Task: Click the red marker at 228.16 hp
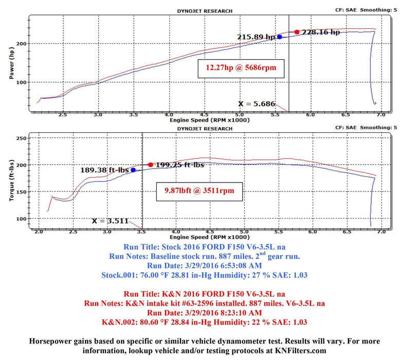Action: pyautogui.click(x=297, y=32)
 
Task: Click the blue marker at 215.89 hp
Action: pyautogui.click(x=279, y=37)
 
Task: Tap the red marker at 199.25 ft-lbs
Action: pyautogui.click(x=151, y=165)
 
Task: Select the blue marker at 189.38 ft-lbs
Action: pyautogui.click(x=133, y=170)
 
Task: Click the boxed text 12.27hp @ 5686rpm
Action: pyautogui.click(x=241, y=67)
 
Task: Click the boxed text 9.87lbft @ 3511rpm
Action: pyautogui.click(x=199, y=191)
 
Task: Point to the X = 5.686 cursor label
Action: pyautogui.click(x=260, y=103)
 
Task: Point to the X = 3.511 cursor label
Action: pyautogui.click(x=112, y=221)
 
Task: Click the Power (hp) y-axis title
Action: pyautogui.click(x=11, y=64)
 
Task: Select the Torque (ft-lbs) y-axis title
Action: pyautogui.click(x=11, y=179)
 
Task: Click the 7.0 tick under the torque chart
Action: pyautogui.click(x=381, y=232)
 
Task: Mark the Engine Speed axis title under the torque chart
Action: pyautogui.click(x=209, y=238)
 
